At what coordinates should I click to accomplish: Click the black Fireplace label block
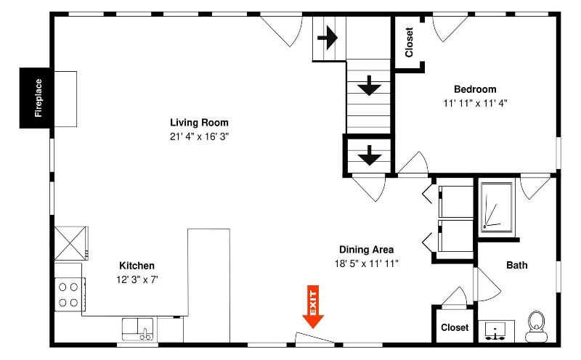tap(34, 98)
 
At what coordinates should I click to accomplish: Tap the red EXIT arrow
tap(313, 307)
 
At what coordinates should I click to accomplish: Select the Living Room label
tap(199, 123)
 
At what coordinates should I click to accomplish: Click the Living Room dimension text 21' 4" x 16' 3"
tap(199, 136)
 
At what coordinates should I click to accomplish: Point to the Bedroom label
tap(475, 89)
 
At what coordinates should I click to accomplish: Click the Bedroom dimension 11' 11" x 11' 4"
tap(475, 103)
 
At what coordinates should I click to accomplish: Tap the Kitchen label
tap(137, 266)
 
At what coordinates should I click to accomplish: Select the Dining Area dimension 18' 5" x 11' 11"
tap(367, 263)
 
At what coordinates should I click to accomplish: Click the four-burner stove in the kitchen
tap(69, 295)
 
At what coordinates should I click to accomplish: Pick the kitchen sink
tap(137, 329)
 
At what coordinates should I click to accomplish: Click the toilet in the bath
tap(536, 327)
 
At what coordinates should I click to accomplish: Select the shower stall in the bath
tap(497, 208)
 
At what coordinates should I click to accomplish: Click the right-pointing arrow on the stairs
tap(328, 38)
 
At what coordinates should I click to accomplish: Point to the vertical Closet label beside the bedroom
tap(409, 42)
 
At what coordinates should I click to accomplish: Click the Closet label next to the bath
tap(455, 327)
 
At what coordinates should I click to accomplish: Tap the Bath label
tap(517, 265)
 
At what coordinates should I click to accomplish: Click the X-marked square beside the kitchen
tap(71, 243)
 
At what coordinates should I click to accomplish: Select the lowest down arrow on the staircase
tap(370, 155)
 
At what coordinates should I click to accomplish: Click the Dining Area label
tap(367, 250)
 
